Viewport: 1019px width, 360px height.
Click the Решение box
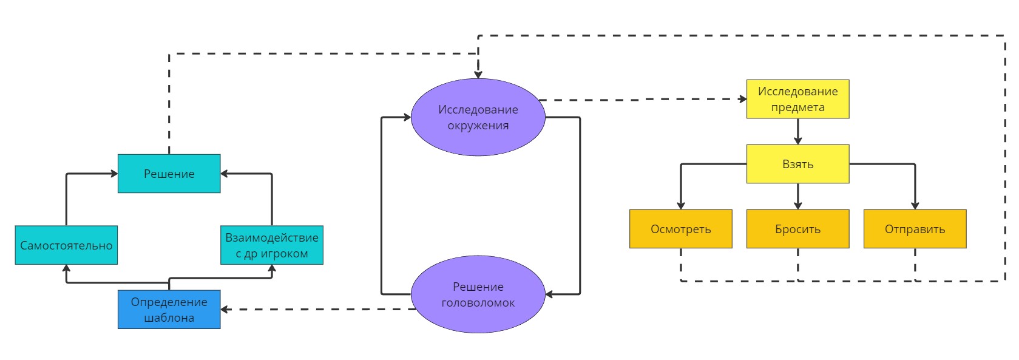[x=169, y=174]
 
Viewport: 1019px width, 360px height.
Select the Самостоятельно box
[x=66, y=245]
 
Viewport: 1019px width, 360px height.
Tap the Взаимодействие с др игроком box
[x=271, y=245]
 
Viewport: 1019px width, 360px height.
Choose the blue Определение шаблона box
[x=169, y=310]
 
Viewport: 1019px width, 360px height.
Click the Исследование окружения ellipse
[x=478, y=117]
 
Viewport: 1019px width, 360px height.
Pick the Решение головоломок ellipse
[x=478, y=294]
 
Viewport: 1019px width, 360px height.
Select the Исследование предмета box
[x=797, y=99]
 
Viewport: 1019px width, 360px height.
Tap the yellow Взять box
[x=797, y=164]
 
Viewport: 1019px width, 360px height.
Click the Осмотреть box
[x=680, y=229]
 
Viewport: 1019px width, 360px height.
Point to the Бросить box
[x=797, y=229]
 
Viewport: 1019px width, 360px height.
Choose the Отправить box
[x=915, y=229]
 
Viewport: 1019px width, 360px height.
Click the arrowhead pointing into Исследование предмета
[x=743, y=99]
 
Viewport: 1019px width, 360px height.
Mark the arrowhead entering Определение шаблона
[x=225, y=310]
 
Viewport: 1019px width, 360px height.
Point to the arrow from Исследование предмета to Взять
[x=797, y=131]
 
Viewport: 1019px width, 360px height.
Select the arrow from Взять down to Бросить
[x=797, y=195]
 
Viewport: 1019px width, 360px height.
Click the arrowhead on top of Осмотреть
[x=680, y=206]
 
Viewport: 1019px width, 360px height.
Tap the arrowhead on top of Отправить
[x=915, y=206]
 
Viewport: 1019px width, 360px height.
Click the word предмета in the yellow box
[x=797, y=107]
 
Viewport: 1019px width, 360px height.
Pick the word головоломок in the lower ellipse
[x=478, y=303]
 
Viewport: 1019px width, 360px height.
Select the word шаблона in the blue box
[x=169, y=318]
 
